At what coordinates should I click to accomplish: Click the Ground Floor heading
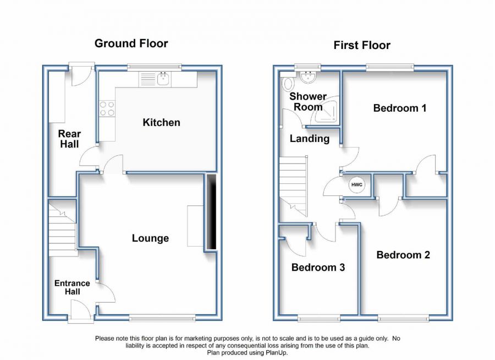point(131,43)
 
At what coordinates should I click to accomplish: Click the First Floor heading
point(362,45)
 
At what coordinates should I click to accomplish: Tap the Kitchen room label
point(161,122)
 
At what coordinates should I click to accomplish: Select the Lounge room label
point(150,238)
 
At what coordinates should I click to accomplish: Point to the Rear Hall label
point(69,139)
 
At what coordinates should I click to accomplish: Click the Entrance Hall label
point(72,287)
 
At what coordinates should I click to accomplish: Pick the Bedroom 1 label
point(400,108)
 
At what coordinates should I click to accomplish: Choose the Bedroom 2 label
point(403,255)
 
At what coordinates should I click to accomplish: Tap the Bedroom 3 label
point(318,268)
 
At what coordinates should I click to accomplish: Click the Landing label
point(309,138)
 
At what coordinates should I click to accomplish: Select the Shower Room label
point(308,101)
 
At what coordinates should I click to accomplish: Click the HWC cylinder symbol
point(357,185)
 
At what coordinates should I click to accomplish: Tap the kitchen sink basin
point(163,79)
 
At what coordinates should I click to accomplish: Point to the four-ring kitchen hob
point(107,108)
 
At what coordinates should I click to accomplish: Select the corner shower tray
point(325,110)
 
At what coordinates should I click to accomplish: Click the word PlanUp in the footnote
point(276,352)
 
